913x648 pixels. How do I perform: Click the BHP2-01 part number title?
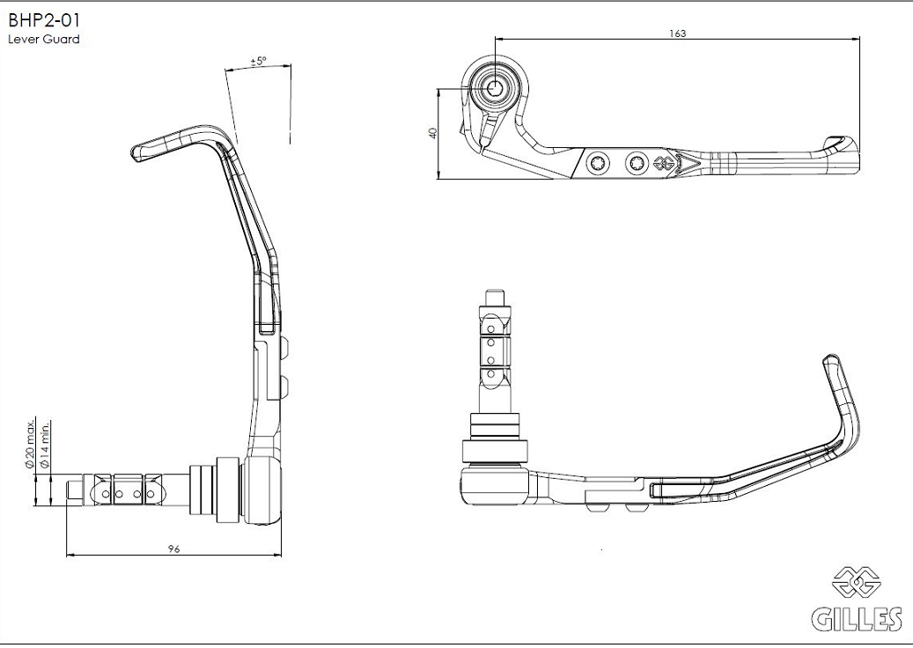pos(44,20)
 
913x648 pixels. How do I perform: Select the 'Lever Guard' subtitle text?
pos(44,40)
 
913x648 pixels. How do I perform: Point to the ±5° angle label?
pos(258,61)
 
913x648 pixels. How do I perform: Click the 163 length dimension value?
pos(677,33)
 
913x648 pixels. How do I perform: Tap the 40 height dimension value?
pos(432,133)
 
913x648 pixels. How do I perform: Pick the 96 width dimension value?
pos(173,549)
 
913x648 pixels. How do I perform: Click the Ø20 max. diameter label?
pos(29,443)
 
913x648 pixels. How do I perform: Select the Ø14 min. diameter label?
pos(45,445)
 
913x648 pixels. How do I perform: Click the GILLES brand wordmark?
pos(858,619)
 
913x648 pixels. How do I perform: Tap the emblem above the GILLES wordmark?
pos(857,582)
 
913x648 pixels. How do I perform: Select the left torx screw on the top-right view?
pos(598,163)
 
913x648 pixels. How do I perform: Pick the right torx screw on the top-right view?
pos(637,163)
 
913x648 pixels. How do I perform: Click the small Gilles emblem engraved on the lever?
pos(665,164)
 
